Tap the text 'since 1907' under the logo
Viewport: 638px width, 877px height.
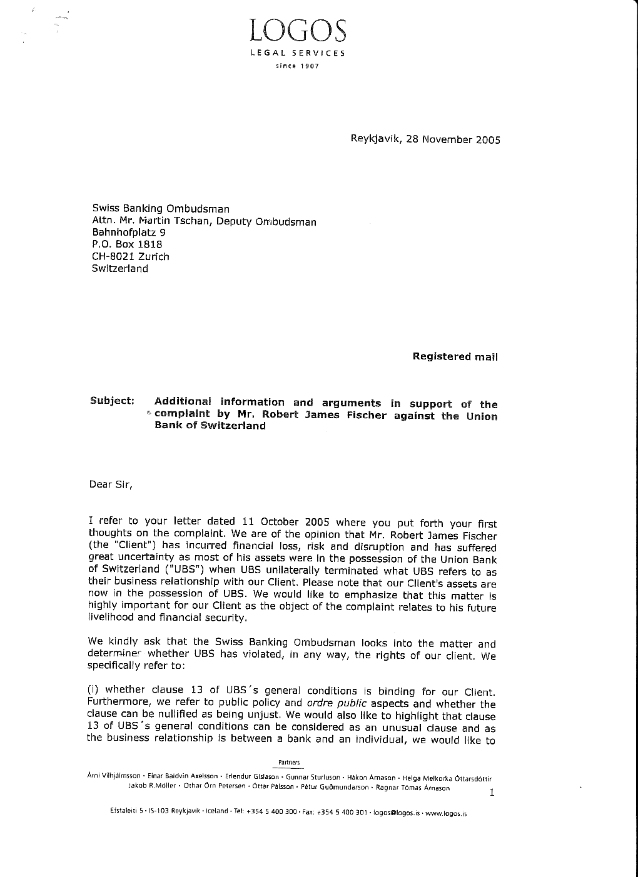(x=298, y=66)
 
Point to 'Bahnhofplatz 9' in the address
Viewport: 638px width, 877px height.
(x=128, y=233)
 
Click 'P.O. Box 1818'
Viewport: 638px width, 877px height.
(x=126, y=244)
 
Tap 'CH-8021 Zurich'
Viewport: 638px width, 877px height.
(x=130, y=256)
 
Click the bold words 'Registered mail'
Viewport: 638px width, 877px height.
(x=455, y=356)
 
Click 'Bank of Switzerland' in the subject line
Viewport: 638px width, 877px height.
(x=210, y=426)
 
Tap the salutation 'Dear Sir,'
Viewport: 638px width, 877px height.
(x=111, y=484)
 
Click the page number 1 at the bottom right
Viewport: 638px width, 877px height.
(x=492, y=793)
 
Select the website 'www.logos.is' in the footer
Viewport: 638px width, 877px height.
(x=446, y=813)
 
